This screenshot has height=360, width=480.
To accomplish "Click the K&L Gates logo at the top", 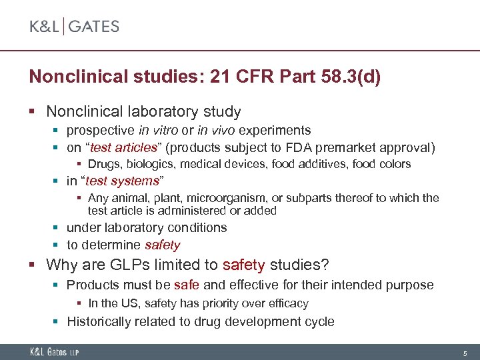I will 74,27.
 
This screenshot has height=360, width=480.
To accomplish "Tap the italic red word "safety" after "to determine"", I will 163,245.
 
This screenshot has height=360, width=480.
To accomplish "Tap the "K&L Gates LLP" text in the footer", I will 53,351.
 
